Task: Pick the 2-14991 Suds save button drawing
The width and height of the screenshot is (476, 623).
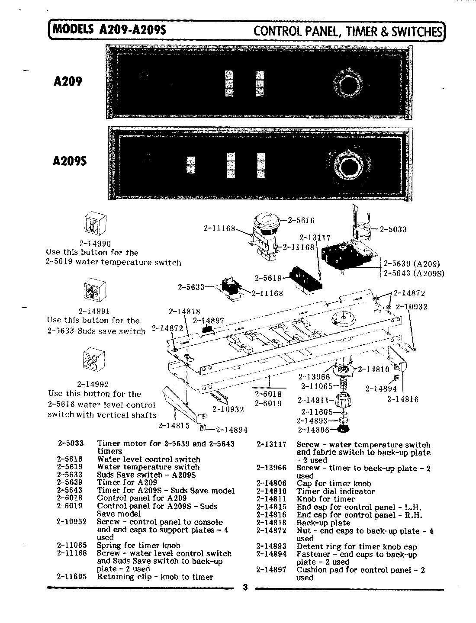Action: pos(93,291)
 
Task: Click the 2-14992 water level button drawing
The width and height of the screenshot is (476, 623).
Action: pos(93,360)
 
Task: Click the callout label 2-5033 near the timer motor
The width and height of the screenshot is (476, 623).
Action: pos(393,229)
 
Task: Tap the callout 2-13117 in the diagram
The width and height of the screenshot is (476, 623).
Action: pos(315,238)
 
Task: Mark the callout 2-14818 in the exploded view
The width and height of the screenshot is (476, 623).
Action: pos(183,311)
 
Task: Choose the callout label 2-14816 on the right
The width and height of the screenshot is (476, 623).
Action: pos(402,399)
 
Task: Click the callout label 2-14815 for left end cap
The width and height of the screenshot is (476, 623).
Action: pos(174,425)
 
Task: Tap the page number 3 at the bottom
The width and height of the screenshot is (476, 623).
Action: pos(245,587)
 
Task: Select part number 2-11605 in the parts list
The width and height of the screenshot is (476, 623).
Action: pos(71,577)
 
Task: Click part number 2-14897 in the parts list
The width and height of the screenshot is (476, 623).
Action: pos(271,570)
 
